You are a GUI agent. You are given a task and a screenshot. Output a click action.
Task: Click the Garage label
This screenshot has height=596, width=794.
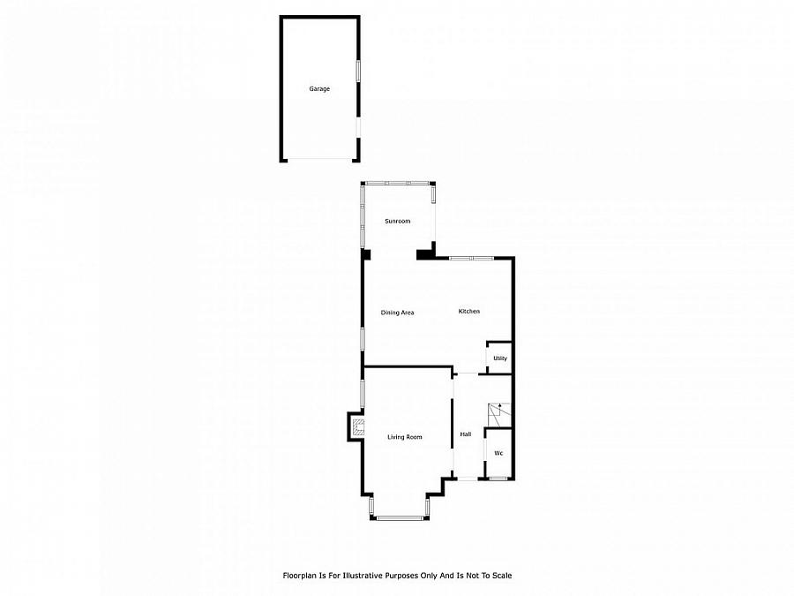click(319, 89)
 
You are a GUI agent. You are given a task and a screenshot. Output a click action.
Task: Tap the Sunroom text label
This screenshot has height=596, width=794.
click(397, 222)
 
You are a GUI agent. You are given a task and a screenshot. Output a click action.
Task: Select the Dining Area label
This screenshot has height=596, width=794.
click(397, 313)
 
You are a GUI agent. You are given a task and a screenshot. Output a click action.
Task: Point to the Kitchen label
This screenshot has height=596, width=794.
click(468, 312)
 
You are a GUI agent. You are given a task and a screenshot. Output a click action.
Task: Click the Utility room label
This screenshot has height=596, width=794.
click(500, 358)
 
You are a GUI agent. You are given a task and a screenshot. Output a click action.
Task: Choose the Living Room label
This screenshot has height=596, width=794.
click(405, 437)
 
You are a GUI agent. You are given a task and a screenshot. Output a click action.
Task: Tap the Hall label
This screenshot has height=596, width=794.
click(465, 434)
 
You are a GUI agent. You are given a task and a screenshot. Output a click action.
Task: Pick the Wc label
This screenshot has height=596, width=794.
click(498, 454)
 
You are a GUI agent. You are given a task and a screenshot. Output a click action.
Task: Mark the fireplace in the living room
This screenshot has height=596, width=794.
click(356, 428)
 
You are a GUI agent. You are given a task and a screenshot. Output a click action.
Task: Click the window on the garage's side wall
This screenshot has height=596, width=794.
click(358, 72)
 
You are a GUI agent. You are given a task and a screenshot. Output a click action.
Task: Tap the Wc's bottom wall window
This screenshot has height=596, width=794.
click(498, 479)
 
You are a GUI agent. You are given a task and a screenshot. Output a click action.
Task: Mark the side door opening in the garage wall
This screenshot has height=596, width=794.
click(358, 128)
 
